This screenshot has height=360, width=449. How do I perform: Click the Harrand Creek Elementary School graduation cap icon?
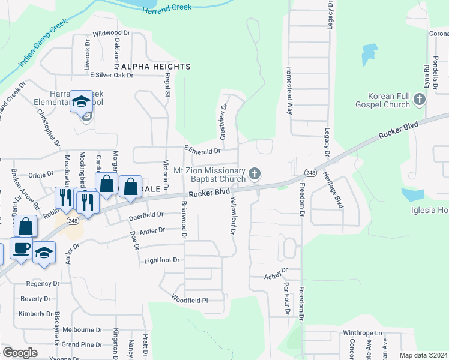click(x=80, y=101)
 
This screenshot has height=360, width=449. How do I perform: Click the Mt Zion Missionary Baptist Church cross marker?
click(x=255, y=175)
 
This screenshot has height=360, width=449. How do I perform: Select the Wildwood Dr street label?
click(x=112, y=33)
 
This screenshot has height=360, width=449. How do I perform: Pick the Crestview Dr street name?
click(x=223, y=122)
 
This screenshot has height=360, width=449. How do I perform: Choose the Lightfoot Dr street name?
click(x=162, y=260)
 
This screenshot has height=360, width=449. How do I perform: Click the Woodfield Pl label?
click(x=189, y=299)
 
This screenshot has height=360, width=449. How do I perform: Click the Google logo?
click(x=20, y=353)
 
